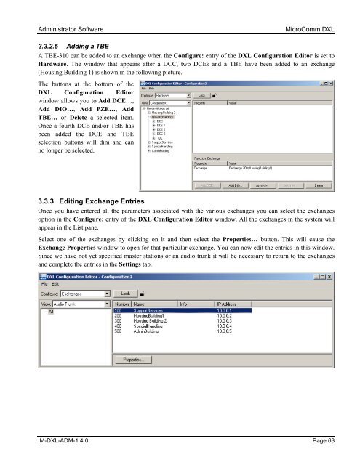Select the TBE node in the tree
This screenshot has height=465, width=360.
(x=159, y=137)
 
